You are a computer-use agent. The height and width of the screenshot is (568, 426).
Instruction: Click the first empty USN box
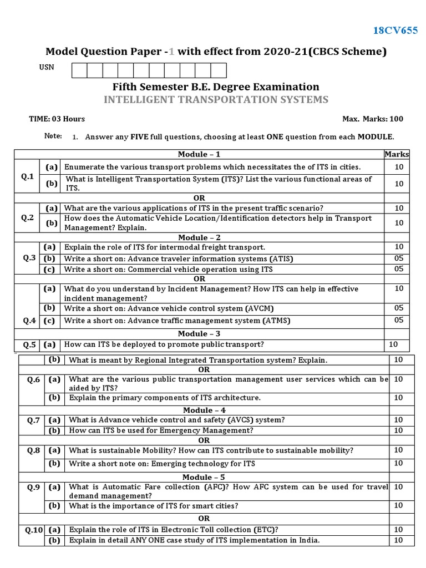[79, 70]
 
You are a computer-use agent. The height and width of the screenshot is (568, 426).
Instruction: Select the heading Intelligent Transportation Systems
[216, 100]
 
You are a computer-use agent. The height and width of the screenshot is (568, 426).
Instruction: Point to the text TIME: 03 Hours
[57, 119]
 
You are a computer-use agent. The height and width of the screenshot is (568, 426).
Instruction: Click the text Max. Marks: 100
[373, 119]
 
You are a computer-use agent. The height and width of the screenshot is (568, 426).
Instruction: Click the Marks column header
[397, 154]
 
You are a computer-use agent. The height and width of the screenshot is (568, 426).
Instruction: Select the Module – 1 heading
[199, 154]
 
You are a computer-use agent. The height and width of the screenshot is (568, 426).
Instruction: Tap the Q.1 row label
[28, 176]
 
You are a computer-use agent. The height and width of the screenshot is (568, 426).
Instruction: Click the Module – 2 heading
[199, 237]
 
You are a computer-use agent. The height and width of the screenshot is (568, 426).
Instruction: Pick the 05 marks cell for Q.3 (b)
[399, 258]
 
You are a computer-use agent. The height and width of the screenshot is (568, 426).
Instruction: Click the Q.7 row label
[34, 420]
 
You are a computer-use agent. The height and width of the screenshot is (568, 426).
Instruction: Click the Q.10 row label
[34, 530]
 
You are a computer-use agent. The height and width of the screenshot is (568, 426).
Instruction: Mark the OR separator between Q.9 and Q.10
[204, 518]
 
